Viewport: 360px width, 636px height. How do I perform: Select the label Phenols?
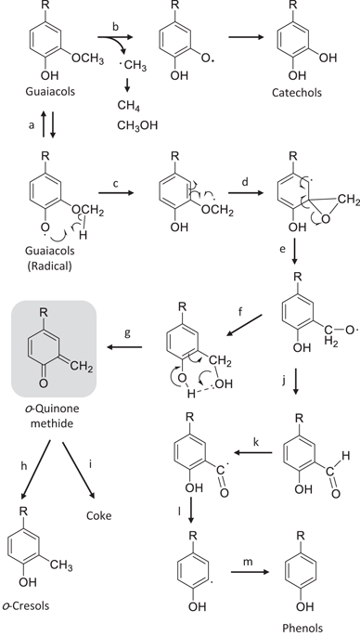[x=302, y=627]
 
